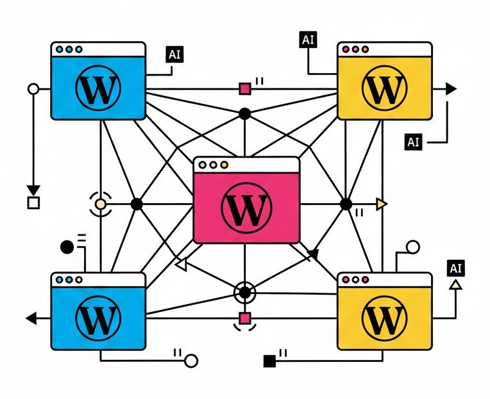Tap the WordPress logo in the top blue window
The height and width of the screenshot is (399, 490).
coord(97,89)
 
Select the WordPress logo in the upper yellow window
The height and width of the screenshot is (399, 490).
coord(384,89)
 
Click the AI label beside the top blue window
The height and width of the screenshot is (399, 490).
coord(174,54)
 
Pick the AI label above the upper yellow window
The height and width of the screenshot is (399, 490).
coord(308,39)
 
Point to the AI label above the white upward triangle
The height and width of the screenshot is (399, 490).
coord(456,268)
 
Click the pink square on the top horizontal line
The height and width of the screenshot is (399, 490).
coord(244,89)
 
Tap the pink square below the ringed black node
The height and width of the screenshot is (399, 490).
coord(244,318)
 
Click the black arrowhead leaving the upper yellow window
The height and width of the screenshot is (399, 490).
coord(451,89)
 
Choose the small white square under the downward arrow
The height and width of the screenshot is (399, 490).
coord(33,204)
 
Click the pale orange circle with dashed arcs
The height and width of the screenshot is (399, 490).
coord(99,205)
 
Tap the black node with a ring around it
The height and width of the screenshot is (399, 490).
coord(244,293)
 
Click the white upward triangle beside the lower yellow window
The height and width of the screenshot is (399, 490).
coord(455,285)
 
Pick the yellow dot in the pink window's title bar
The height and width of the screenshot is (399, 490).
coord(224,165)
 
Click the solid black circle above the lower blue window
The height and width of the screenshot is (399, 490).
coord(67,246)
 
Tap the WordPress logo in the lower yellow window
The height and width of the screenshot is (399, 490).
coord(384,318)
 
